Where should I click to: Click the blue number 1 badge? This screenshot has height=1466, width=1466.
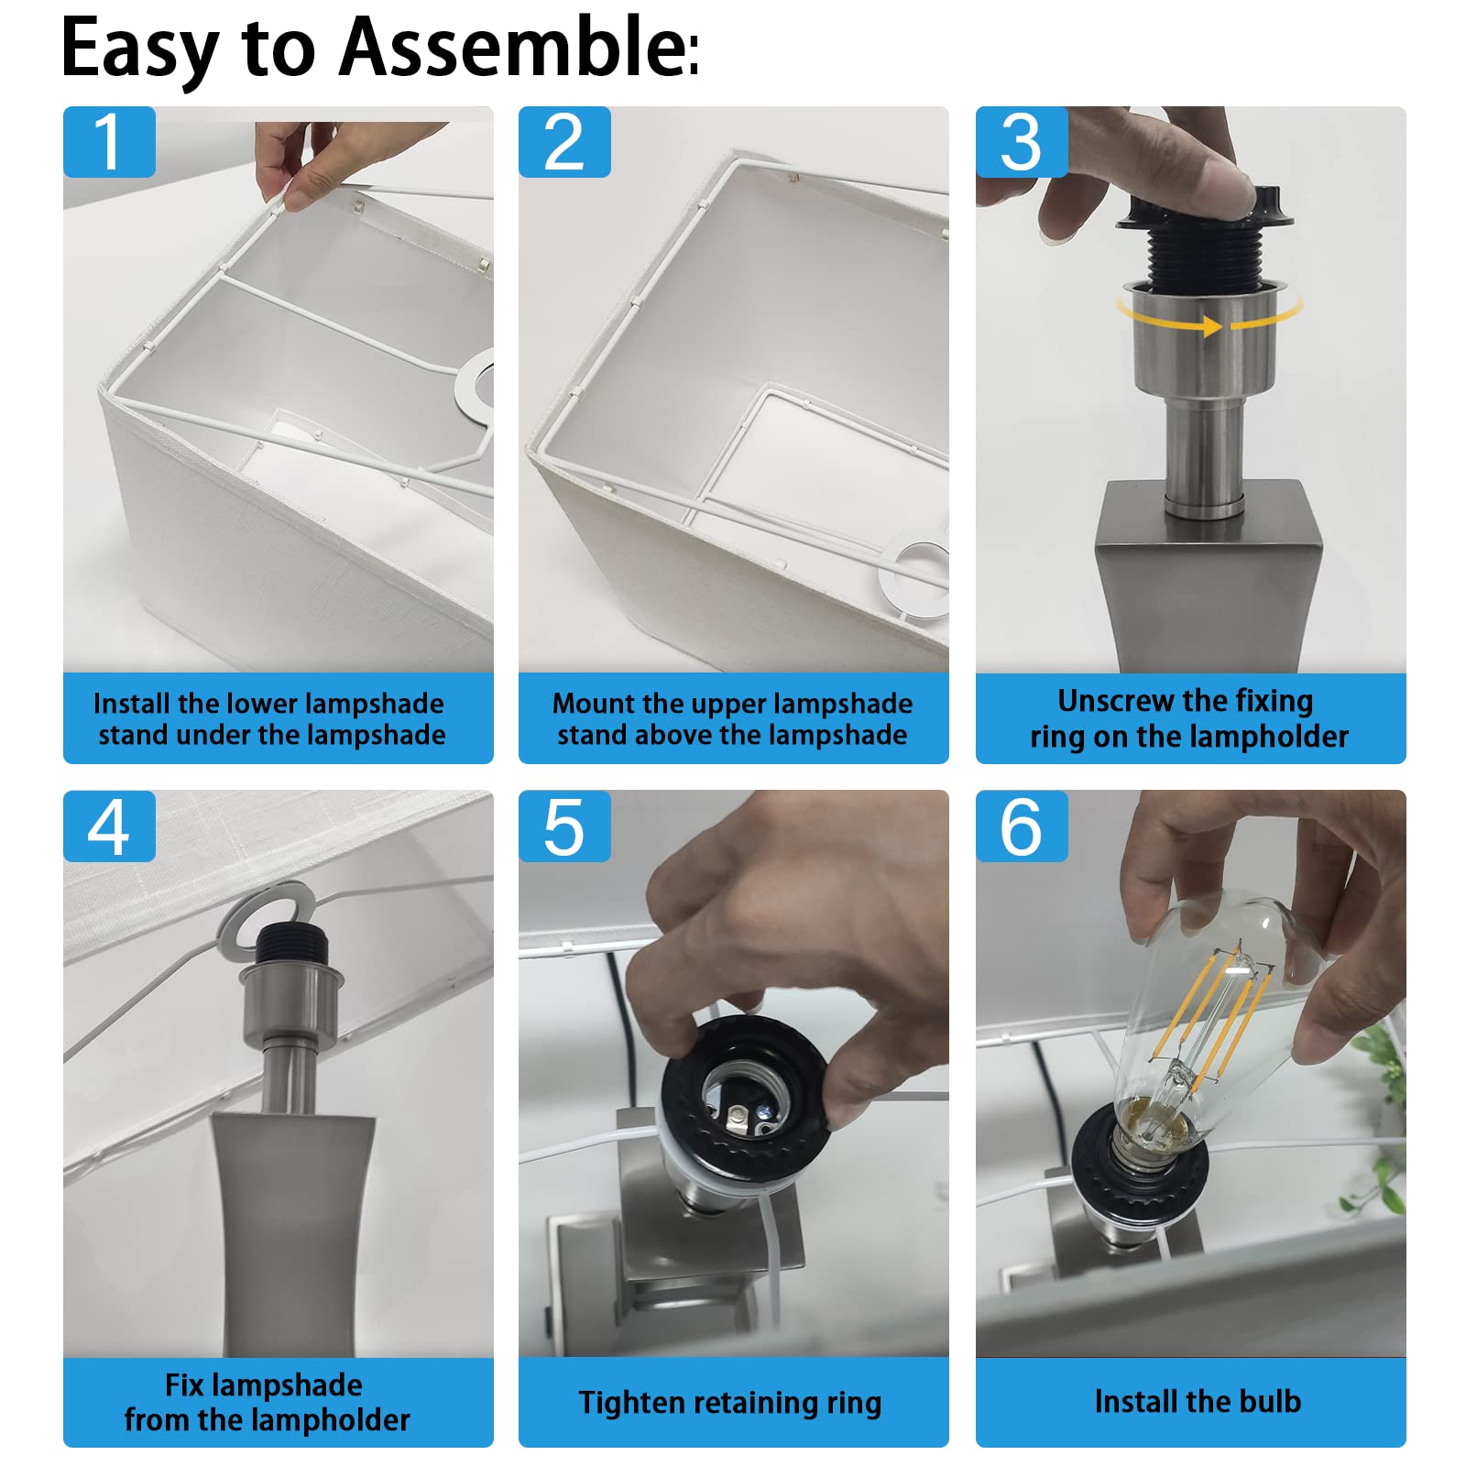[x=109, y=142]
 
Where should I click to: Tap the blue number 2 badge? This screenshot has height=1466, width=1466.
[x=564, y=142]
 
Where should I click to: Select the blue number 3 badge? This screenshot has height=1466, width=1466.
[x=1022, y=142]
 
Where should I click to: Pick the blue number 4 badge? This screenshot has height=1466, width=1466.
[x=109, y=826]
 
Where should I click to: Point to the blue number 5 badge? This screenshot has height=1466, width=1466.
[x=564, y=826]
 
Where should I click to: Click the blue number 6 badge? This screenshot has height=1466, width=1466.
[x=1022, y=826]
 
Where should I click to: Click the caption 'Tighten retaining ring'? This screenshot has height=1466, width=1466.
[x=730, y=1403]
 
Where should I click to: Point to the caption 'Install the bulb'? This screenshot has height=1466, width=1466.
[x=1198, y=1401]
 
